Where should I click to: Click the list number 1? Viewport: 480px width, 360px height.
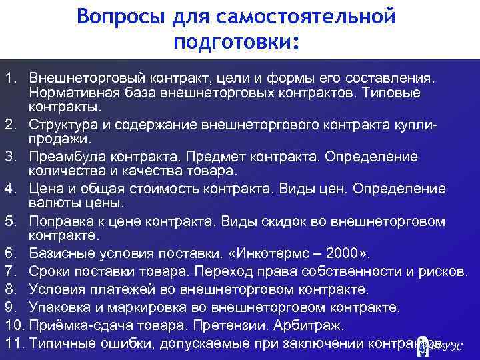[11, 79]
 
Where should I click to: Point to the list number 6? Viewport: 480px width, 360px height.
[11, 254]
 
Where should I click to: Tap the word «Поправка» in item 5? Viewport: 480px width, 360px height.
[64, 221]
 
